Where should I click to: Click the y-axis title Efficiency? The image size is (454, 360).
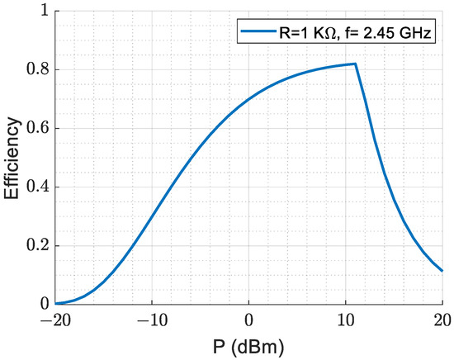coord(12,158)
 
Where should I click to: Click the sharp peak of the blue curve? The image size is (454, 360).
coord(355,64)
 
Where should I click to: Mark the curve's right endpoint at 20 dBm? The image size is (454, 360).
coord(442,271)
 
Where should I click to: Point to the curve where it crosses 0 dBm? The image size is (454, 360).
coord(248,98)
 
